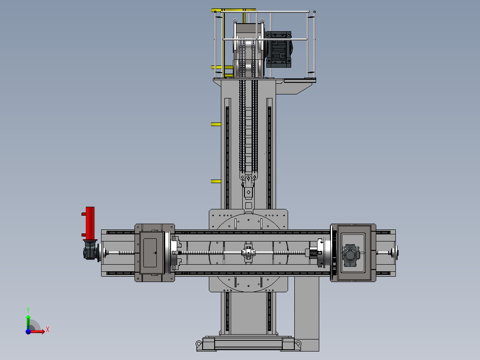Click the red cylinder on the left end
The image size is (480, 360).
90,223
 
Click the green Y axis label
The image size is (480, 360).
28,310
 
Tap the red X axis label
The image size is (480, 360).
48,330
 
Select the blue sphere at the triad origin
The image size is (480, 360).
28,331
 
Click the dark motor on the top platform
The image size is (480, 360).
279,49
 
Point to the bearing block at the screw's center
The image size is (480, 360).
248,253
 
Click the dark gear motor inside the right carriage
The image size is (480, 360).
350,255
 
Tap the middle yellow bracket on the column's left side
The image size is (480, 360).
216,124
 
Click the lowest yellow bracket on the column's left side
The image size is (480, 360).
216,181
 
